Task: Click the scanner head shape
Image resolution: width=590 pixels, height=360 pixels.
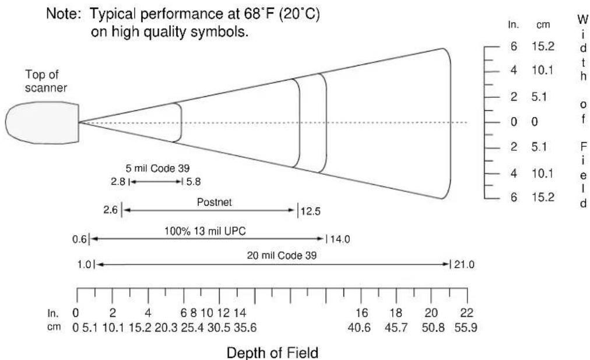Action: [x=42, y=122]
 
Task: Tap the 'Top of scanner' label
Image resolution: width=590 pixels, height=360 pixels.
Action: [x=46, y=81]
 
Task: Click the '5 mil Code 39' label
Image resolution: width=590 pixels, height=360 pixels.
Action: [x=157, y=168]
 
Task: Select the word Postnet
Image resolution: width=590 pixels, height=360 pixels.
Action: [x=215, y=202]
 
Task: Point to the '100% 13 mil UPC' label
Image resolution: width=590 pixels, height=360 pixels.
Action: [x=205, y=231]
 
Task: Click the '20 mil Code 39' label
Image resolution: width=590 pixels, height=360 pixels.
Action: [x=282, y=256]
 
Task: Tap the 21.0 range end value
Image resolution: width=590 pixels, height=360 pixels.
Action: [x=464, y=264]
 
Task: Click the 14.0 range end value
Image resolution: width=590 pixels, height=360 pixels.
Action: [x=340, y=239]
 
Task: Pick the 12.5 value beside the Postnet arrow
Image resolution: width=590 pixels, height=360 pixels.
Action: [x=311, y=211]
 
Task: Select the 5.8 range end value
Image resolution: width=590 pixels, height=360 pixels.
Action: [x=194, y=182]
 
